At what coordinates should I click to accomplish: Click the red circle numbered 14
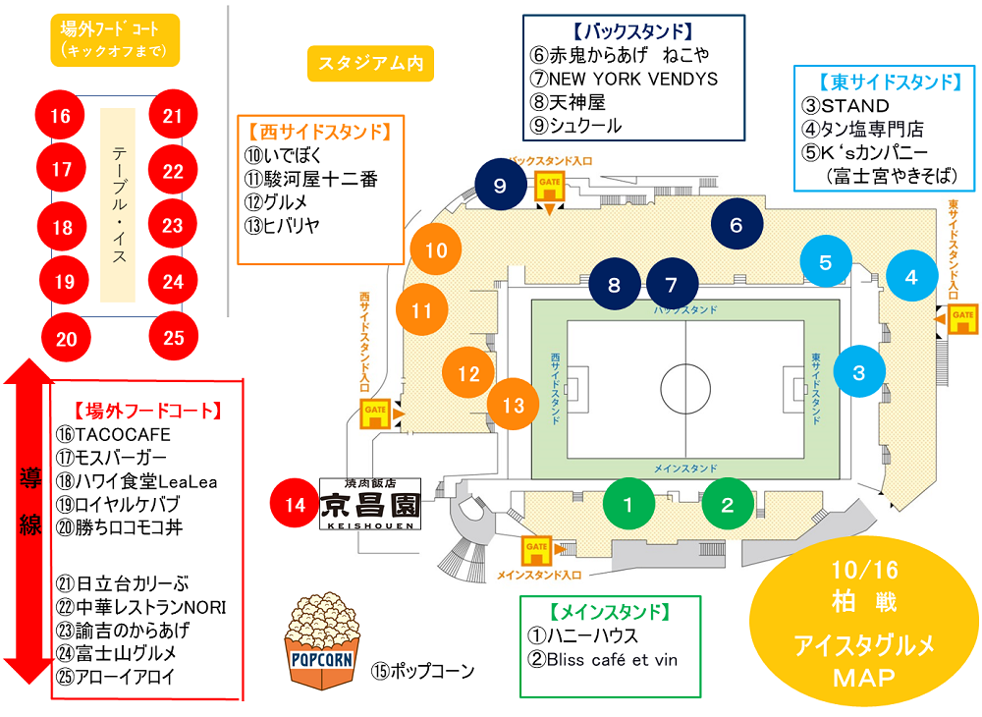point(296,505)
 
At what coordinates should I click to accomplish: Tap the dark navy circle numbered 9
point(500,185)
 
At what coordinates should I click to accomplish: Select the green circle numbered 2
point(728,505)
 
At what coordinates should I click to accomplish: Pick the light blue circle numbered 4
point(911,276)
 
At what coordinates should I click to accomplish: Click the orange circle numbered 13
point(514,404)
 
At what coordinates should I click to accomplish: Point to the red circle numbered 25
point(174,338)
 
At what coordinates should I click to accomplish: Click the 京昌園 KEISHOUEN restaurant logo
point(371,505)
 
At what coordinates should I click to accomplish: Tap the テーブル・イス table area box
point(119,203)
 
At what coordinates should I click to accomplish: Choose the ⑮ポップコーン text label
point(422,672)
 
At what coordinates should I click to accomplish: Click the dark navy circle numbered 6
point(736,224)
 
